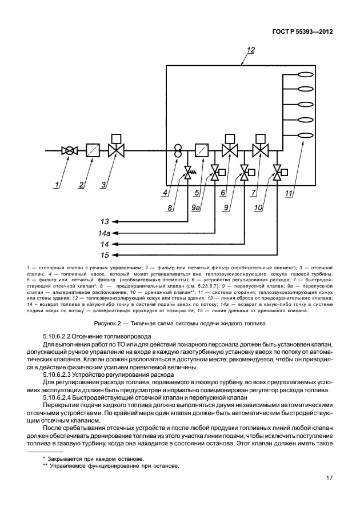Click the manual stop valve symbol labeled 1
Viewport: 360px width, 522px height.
point(69,151)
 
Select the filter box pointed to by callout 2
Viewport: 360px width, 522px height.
point(93,151)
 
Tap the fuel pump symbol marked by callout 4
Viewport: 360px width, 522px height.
point(178,151)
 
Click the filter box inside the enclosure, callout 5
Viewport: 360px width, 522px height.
point(201,151)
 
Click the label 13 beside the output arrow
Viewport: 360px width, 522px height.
point(105,221)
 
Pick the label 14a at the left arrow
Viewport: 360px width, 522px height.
point(105,233)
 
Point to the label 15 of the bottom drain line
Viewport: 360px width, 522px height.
point(105,255)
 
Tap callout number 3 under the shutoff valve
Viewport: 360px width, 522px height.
point(103,185)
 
